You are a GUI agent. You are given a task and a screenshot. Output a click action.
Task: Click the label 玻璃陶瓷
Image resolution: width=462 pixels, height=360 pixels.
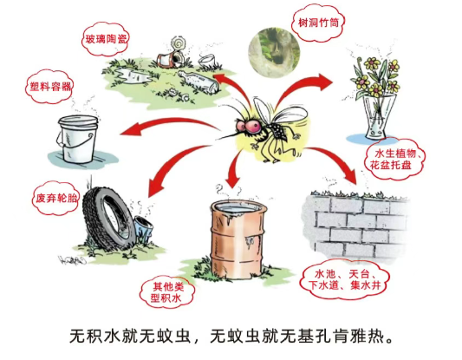pos(105,39)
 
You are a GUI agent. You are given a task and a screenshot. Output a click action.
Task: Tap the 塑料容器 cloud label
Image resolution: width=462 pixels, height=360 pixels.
pos(49,87)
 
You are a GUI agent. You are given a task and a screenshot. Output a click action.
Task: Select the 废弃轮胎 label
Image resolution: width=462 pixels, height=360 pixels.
pos(55,198)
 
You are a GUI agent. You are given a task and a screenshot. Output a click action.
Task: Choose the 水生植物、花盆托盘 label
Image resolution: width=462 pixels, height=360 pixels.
pos(395,160)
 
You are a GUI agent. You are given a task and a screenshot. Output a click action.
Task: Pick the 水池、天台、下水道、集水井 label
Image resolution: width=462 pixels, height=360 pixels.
pos(344,279)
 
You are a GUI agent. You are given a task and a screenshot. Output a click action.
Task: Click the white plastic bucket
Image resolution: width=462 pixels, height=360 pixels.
pos(78,139)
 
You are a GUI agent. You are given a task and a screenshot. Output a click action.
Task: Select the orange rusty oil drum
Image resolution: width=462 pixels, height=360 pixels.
pos(238,239)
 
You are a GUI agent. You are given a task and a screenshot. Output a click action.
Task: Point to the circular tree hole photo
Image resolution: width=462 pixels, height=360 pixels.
pos(274,52)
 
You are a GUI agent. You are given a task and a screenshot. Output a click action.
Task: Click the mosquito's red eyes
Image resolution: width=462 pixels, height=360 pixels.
pos(250,126)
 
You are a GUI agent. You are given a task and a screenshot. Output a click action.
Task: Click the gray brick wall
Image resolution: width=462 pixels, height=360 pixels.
pos(356,225)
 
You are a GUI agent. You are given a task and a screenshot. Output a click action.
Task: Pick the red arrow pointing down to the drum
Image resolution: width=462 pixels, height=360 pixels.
pos(235,168)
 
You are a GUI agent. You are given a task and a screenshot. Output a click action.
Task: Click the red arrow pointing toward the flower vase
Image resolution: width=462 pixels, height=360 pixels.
pos(297,86)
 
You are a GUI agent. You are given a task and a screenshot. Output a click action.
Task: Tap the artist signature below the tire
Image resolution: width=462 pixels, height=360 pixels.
pos(72,260)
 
